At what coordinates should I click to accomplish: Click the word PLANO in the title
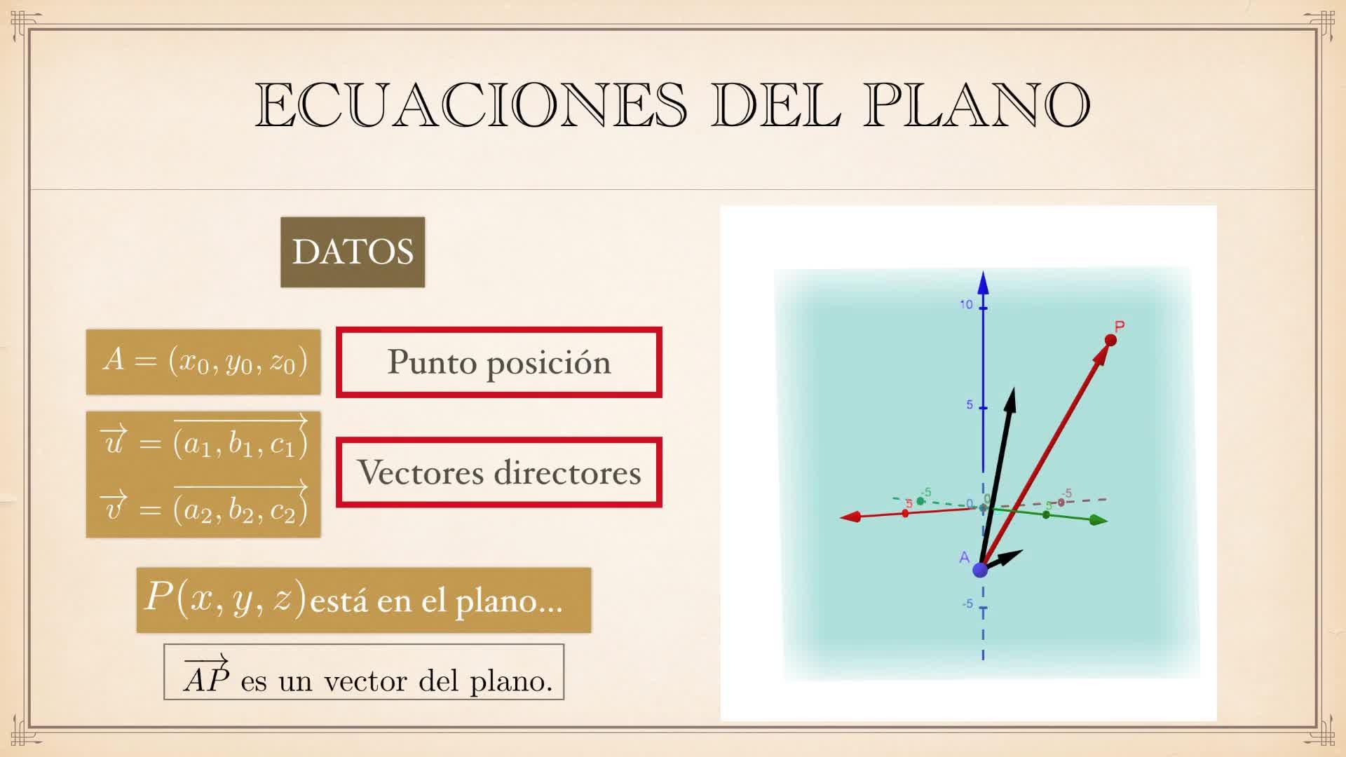coord(977,105)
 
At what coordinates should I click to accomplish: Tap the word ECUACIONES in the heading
coord(470,105)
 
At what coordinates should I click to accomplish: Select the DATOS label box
coord(353,252)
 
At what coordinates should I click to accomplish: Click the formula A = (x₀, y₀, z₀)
coord(204,361)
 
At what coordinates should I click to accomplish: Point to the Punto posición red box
coord(499,362)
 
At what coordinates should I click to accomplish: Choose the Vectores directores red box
coord(499,472)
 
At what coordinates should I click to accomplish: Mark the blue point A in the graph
coord(980,569)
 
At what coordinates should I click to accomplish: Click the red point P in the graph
coord(1110,340)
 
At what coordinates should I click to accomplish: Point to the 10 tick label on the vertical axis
coord(966,304)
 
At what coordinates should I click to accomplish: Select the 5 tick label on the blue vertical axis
coord(970,404)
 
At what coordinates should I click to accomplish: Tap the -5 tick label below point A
coord(967,603)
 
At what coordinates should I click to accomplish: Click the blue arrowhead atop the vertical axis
coord(983,282)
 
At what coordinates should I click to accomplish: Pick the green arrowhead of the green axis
coord(1099,520)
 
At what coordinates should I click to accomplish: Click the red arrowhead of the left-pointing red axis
coord(850,517)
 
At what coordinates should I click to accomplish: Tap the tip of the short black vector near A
coord(1023,551)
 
